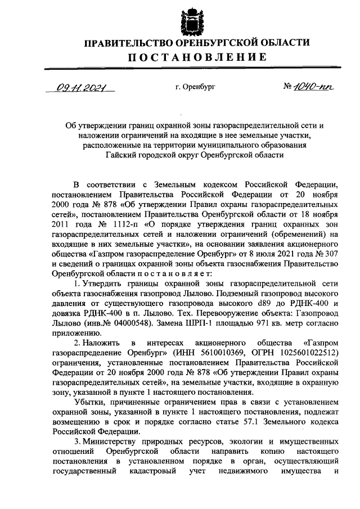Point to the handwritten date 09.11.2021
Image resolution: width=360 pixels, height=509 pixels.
click(80, 88)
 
